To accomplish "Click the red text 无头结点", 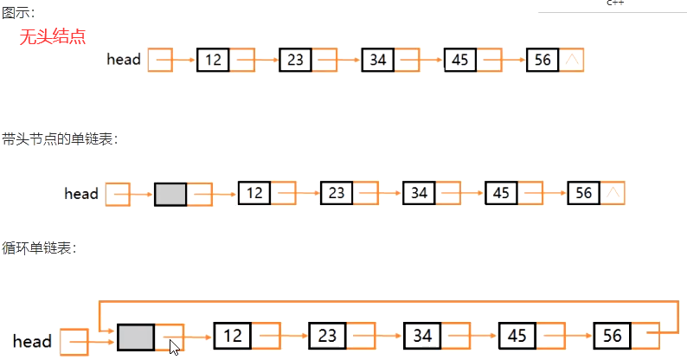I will click(x=53, y=36).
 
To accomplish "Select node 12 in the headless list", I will click(x=213, y=60).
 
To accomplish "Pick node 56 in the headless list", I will click(x=543, y=60).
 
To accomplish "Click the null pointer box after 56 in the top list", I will click(x=571, y=60).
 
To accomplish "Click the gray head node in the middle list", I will click(x=170, y=194).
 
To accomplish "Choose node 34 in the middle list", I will click(x=419, y=194).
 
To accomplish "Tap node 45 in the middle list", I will click(x=501, y=194).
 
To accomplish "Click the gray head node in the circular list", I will click(x=135, y=336).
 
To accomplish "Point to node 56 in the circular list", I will click(x=612, y=336).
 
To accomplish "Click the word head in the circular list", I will click(x=32, y=342).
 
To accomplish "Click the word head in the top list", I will click(x=124, y=60).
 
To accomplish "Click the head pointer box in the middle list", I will click(x=117, y=194).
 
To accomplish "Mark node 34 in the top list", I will click(x=377, y=60).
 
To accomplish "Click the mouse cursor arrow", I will click(x=174, y=346).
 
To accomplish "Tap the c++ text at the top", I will click(x=615, y=3).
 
